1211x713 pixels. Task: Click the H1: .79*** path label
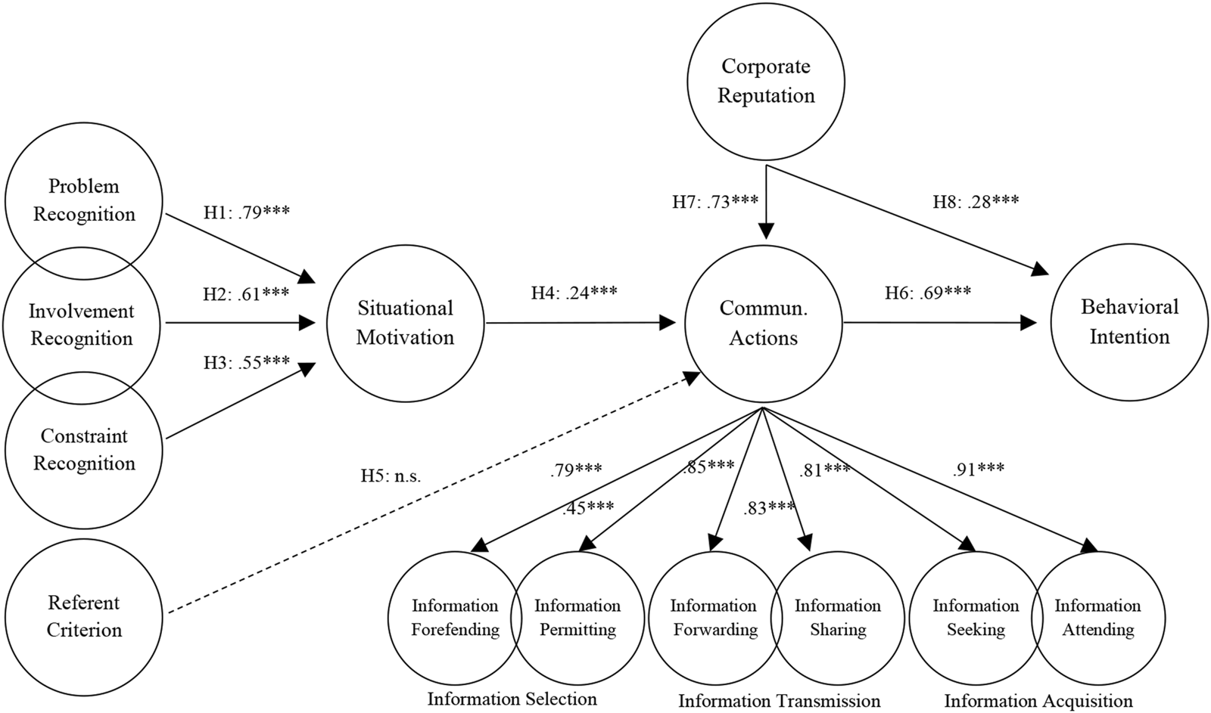pyautogui.click(x=247, y=212)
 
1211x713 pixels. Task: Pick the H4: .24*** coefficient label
pyautogui.click(x=574, y=292)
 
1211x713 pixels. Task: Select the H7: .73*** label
pyautogui.click(x=715, y=201)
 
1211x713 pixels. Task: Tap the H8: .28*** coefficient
pyautogui.click(x=976, y=201)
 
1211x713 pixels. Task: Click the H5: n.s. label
pyautogui.click(x=391, y=476)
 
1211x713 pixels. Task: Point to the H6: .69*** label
pyautogui.click(x=928, y=292)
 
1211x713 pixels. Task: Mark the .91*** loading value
pyautogui.click(x=979, y=469)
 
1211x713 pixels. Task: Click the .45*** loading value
pyautogui.click(x=588, y=507)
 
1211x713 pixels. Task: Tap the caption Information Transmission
pyautogui.click(x=779, y=701)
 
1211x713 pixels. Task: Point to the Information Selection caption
pyautogui.click(x=512, y=699)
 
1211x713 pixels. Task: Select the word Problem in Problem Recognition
pyautogui.click(x=84, y=186)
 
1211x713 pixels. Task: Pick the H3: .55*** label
pyautogui.click(x=247, y=362)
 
